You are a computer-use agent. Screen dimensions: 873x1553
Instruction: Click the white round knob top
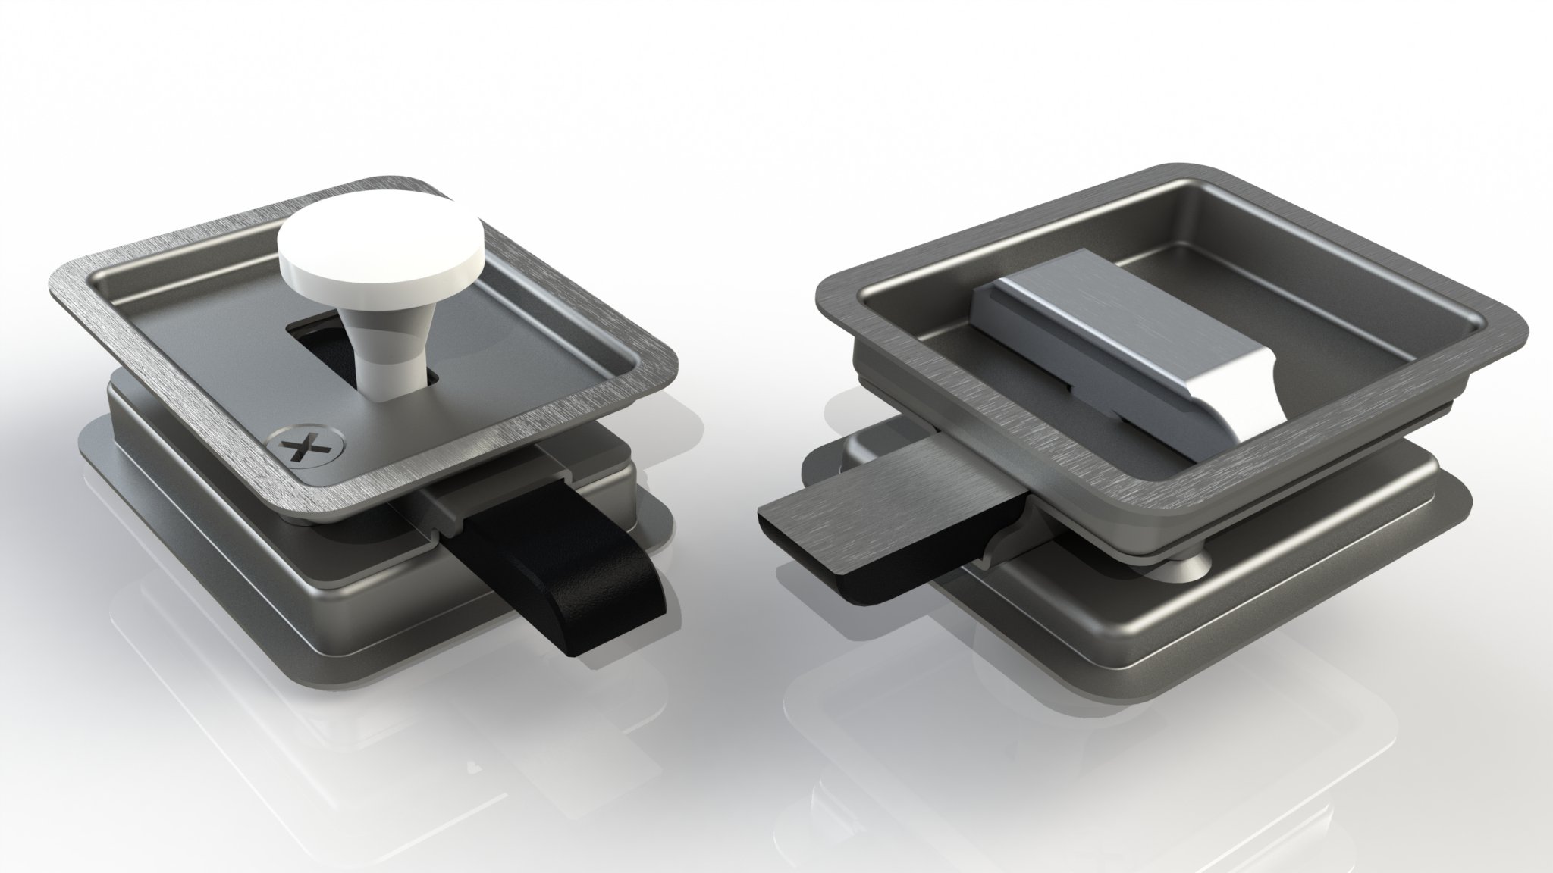pos(378,238)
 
